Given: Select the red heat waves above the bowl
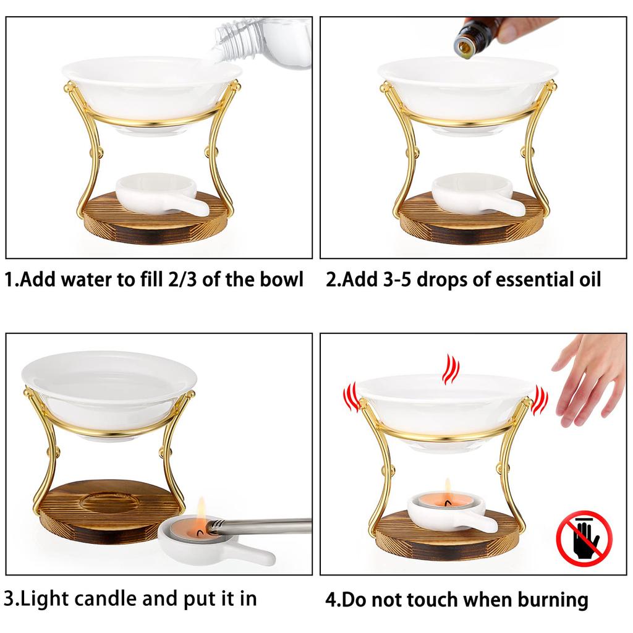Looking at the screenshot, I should pyautogui.click(x=451, y=369).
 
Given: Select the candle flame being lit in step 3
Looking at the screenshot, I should pyautogui.click(x=201, y=513).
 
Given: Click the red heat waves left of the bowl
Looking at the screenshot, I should pyautogui.click(x=351, y=397).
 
